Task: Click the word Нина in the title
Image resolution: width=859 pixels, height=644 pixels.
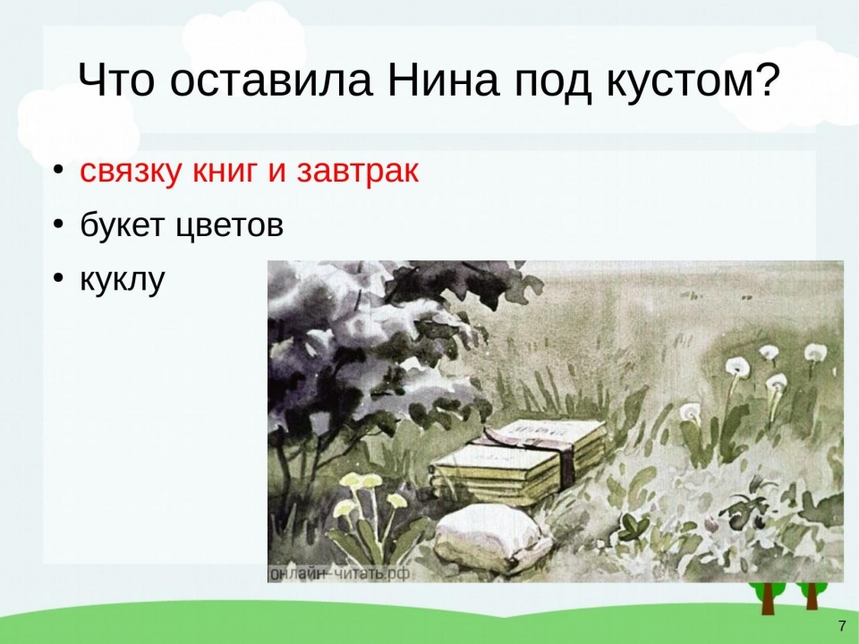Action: [x=443, y=80]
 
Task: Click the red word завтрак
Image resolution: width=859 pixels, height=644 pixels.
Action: [x=358, y=172]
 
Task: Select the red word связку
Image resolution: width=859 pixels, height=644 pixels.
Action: [x=130, y=172]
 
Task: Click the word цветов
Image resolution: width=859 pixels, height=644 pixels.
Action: [x=230, y=225]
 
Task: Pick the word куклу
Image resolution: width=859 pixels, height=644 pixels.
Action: [x=123, y=280]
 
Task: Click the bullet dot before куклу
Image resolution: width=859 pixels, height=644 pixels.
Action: [x=59, y=278]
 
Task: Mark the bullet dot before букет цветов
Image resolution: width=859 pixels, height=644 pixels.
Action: [x=59, y=225]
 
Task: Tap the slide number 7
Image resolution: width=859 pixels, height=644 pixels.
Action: [x=842, y=626]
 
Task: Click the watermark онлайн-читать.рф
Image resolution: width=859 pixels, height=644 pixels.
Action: [x=340, y=573]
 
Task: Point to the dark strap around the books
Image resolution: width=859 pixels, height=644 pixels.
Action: [x=565, y=455]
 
